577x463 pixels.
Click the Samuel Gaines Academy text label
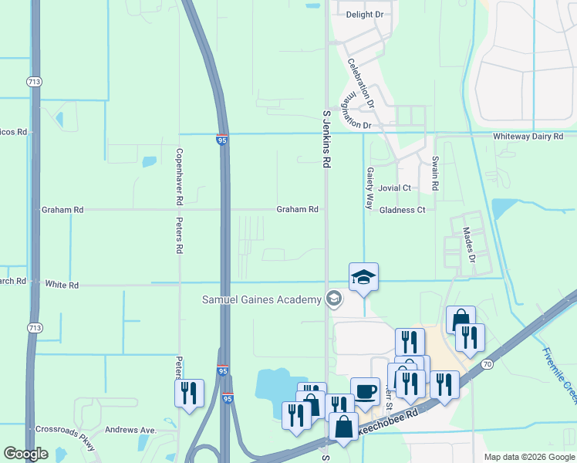click(261, 299)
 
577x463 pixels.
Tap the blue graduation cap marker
click(363, 276)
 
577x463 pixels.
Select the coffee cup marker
click(365, 391)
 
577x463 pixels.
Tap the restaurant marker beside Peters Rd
click(189, 394)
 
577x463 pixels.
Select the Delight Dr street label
click(365, 15)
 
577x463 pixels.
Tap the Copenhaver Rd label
click(179, 176)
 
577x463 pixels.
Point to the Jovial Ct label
click(395, 188)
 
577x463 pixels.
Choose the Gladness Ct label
click(403, 210)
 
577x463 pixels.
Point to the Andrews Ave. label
click(130, 430)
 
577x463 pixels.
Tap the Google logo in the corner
click(25, 454)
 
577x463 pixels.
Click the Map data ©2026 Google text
click(528, 457)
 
